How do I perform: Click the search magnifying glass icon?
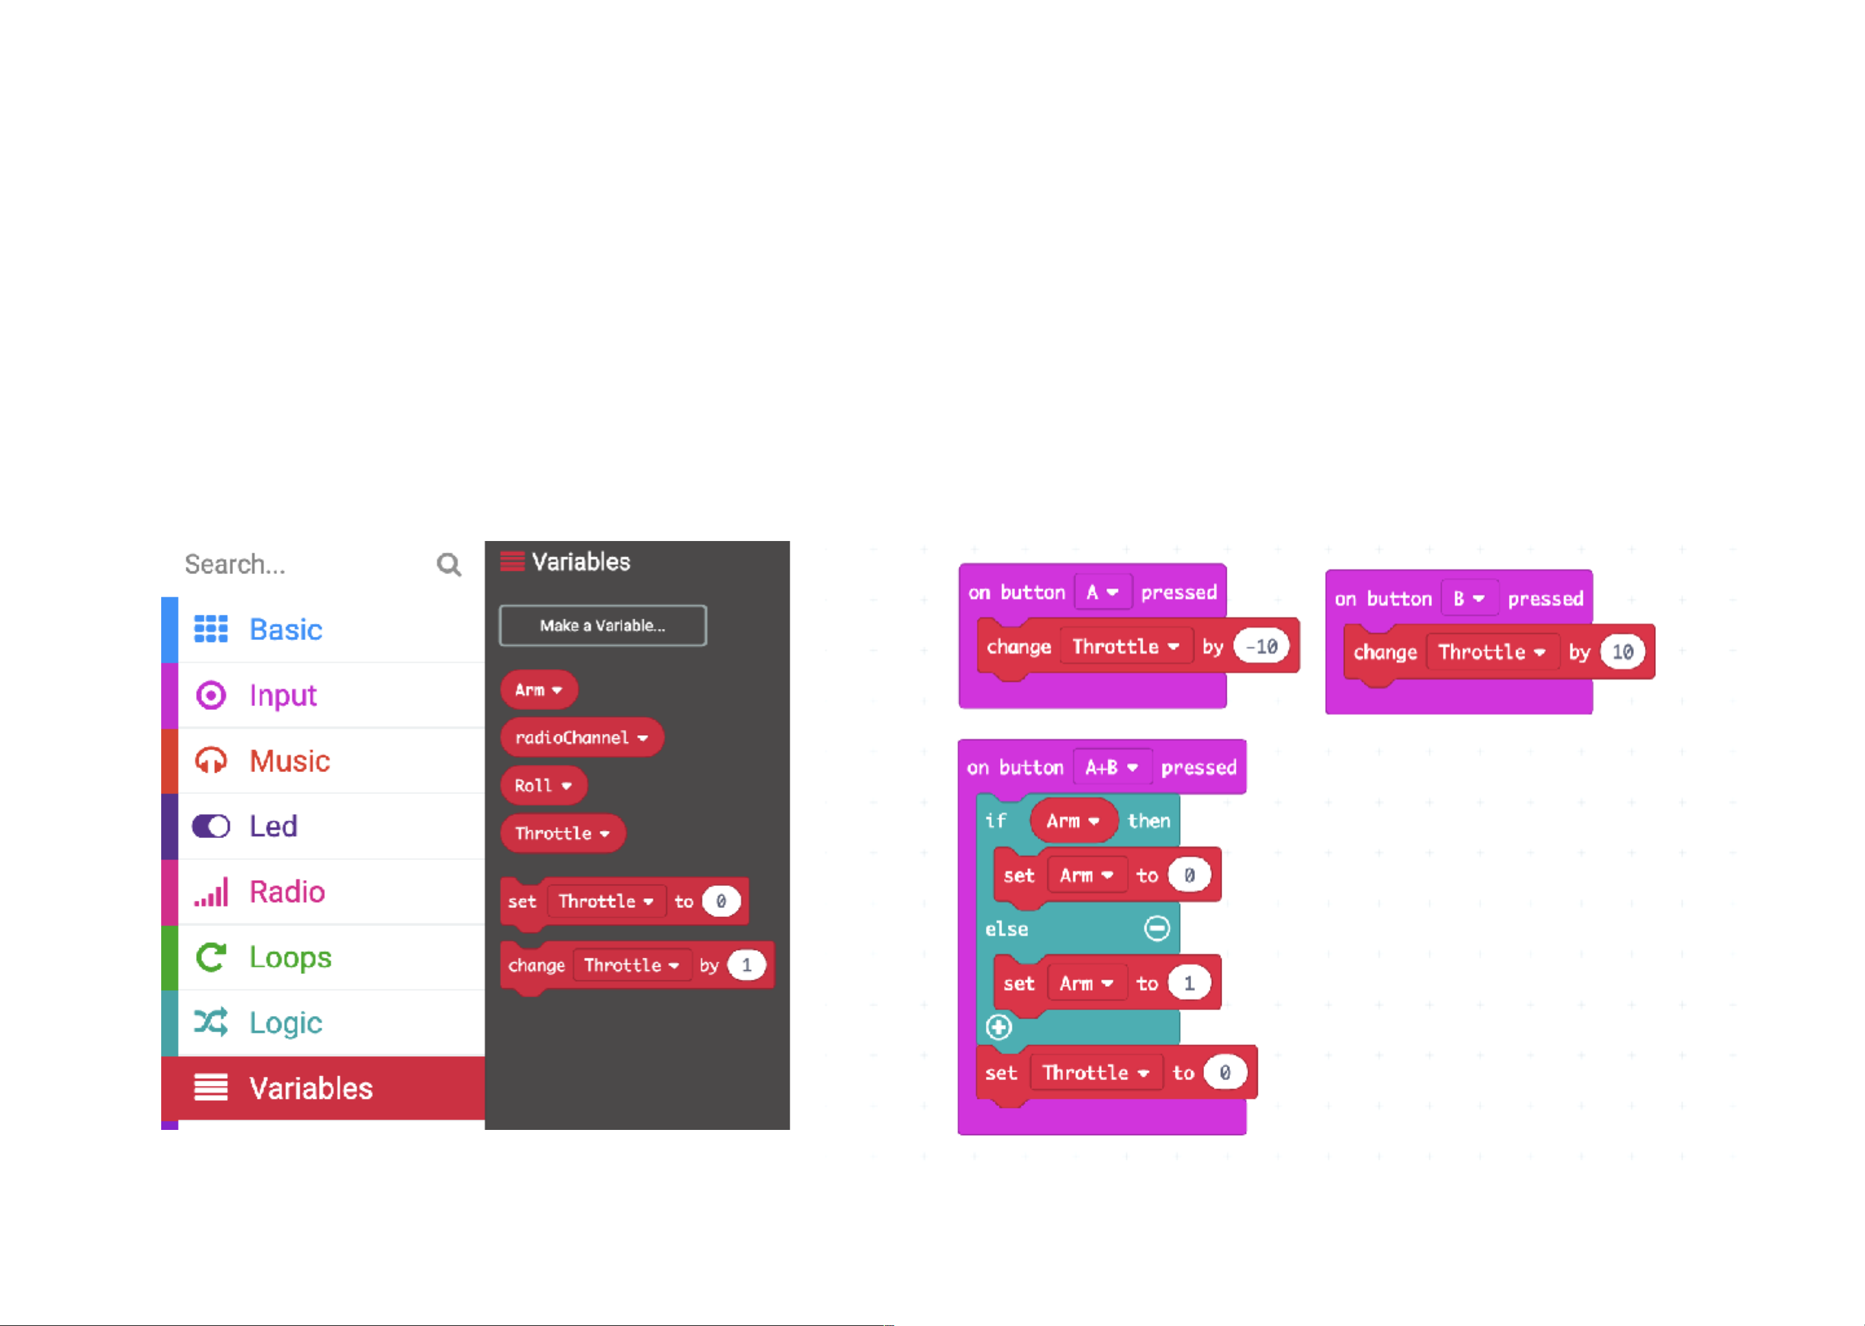(448, 564)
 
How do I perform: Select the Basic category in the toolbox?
(285, 630)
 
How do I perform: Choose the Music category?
(289, 761)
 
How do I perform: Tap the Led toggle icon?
(210, 826)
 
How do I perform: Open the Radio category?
(287, 892)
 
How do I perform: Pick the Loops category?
(290, 957)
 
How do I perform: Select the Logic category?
(285, 1022)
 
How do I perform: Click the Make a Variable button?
(603, 625)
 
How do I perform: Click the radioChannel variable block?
(581, 737)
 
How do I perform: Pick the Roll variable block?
(542, 786)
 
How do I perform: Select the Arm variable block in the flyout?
(538, 690)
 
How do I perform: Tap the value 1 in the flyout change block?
(746, 965)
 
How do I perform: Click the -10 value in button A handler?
(1262, 646)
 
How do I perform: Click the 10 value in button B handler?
(1622, 652)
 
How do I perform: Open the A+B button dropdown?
(1111, 768)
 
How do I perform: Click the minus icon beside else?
(1157, 929)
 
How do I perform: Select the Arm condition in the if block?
(1072, 821)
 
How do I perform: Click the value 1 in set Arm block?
(1189, 983)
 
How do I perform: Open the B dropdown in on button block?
(1468, 599)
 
